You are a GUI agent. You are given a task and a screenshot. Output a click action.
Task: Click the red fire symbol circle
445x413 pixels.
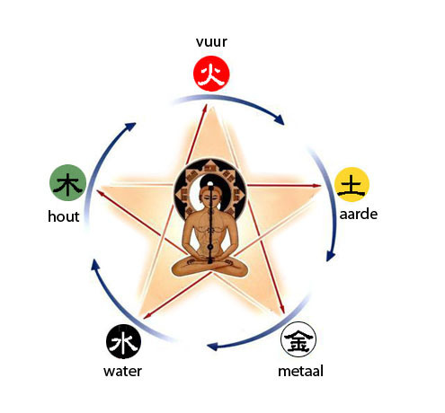211,74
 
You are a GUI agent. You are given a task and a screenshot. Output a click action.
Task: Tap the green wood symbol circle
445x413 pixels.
67,182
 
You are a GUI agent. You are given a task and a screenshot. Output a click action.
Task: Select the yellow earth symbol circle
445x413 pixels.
352,184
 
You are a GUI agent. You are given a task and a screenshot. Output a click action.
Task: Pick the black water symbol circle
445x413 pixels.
123,341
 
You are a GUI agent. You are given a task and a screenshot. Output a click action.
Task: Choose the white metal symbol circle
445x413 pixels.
298,339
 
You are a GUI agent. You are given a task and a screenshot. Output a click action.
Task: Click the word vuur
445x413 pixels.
211,42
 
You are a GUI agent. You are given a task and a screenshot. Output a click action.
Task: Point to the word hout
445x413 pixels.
64,216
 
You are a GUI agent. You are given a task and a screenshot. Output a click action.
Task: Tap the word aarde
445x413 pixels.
359,214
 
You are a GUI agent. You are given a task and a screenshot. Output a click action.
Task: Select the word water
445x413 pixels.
122,371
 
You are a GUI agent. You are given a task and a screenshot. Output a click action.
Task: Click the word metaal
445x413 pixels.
300,371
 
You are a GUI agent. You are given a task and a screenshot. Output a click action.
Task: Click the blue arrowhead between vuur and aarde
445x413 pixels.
279,119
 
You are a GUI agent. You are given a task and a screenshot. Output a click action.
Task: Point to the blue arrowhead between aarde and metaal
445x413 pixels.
331,256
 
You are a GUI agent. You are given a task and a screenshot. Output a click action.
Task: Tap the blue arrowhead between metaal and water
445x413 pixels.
212,347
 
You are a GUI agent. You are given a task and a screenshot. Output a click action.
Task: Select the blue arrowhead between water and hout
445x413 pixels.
95,265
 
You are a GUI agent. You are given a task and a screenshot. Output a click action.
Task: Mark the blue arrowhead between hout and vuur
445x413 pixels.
130,126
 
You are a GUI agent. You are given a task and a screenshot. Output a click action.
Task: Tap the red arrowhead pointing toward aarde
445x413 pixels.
317,186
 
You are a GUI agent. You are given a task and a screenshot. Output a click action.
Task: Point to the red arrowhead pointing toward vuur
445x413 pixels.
205,109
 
